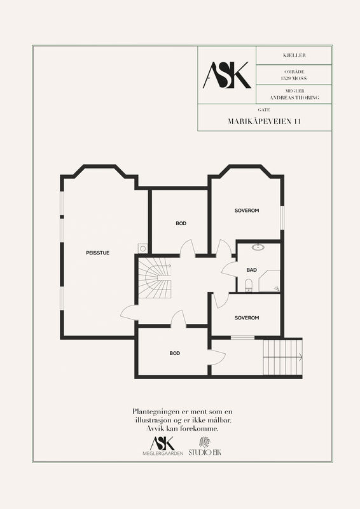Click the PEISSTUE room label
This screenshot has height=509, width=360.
(97, 253)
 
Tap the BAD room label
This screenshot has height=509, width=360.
(252, 270)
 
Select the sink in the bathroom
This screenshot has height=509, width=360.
(258, 248)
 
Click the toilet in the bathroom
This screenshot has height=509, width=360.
(249, 285)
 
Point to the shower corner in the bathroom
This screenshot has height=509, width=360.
(270, 281)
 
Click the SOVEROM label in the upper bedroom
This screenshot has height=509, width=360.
(247, 211)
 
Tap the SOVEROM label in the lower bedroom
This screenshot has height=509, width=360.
(247, 317)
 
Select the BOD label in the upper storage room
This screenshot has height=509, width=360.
(181, 223)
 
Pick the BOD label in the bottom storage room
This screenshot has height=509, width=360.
(175, 353)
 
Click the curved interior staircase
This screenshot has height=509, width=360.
(155, 278)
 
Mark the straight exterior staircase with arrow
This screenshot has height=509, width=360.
(283, 357)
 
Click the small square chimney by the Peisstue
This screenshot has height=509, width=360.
(142, 248)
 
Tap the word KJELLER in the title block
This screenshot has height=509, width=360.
(294, 55)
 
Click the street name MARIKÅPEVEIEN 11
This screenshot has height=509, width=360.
(264, 122)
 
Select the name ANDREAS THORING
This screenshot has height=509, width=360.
(294, 97)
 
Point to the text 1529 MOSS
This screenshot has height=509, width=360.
(294, 78)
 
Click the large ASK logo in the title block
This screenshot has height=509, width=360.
(227, 75)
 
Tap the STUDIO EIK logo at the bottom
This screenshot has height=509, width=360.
(205, 447)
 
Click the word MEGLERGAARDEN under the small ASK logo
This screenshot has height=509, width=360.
(163, 453)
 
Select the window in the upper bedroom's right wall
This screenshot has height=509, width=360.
(282, 218)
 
